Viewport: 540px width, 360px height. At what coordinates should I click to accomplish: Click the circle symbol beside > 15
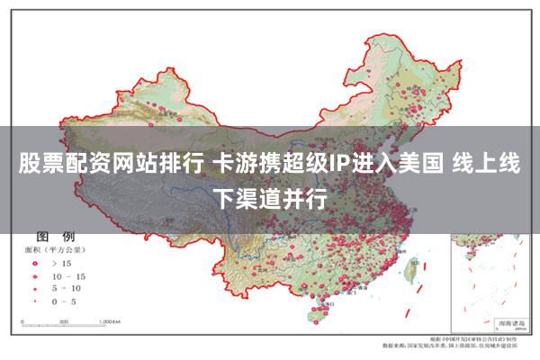[34, 263]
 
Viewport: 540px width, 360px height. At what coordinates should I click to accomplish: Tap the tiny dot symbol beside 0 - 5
[34, 301]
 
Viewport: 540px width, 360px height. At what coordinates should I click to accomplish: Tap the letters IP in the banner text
[339, 166]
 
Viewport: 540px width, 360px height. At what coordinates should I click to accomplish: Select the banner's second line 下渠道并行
[270, 195]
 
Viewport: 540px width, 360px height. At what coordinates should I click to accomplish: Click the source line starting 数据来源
[450, 345]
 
